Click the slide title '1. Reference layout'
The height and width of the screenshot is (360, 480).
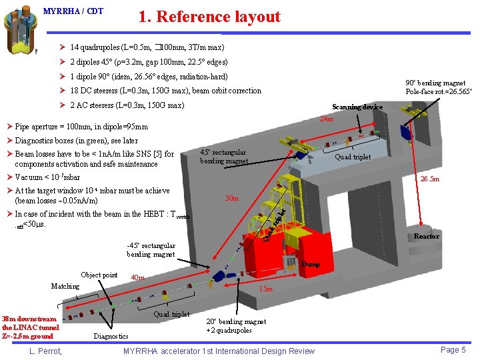tap(209, 17)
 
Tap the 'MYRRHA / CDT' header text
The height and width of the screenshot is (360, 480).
tap(73, 11)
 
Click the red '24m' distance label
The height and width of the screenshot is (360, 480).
tap(327, 119)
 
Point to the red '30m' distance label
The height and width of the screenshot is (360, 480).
tap(232, 199)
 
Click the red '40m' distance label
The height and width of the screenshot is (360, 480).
tap(138, 277)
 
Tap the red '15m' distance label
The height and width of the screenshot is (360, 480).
tap(265, 289)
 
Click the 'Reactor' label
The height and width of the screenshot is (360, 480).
tap(427, 237)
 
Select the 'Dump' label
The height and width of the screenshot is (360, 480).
tap(310, 265)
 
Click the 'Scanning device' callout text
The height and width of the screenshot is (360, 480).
tap(357, 107)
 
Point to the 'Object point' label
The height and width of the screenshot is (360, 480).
tap(99, 275)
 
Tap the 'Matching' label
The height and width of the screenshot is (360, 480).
tap(65, 286)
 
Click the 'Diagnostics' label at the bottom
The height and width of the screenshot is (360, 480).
tap(111, 336)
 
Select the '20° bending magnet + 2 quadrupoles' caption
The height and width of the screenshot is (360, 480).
tap(236, 326)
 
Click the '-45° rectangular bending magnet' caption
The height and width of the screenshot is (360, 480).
tap(151, 249)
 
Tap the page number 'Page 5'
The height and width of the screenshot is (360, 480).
tap(453, 350)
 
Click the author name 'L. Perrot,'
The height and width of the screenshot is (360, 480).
tap(45, 351)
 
